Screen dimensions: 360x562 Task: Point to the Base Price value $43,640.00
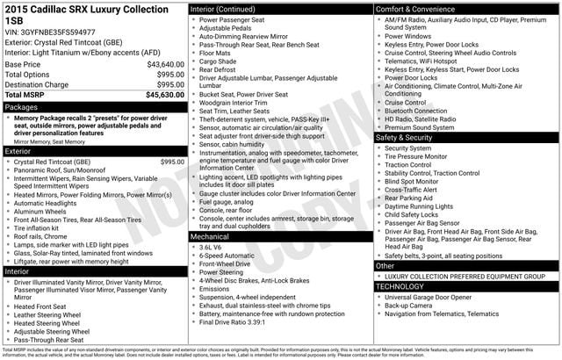(165, 65)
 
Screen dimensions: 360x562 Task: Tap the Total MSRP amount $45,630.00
(165, 94)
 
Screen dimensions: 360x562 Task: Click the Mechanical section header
(211, 237)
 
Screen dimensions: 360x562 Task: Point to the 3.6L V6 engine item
(211, 248)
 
